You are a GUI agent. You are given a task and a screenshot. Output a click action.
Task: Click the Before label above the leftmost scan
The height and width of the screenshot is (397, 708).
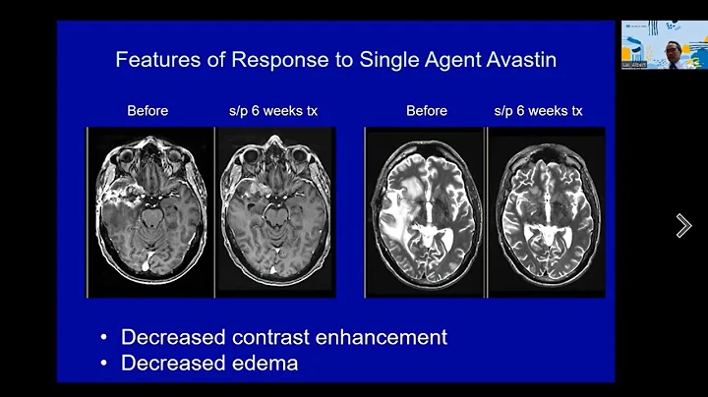point(147,111)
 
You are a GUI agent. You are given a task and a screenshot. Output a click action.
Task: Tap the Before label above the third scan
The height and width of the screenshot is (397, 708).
point(427,111)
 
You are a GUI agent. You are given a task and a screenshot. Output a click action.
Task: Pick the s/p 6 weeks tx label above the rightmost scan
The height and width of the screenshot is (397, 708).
point(538,111)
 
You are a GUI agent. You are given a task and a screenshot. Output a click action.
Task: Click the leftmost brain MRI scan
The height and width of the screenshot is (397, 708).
point(150,211)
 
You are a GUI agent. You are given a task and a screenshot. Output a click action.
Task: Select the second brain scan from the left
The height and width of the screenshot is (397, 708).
point(275,211)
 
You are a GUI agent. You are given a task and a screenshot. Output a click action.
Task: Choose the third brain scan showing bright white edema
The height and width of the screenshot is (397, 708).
point(425,211)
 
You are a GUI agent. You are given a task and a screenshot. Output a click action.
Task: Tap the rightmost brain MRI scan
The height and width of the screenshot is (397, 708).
point(547,211)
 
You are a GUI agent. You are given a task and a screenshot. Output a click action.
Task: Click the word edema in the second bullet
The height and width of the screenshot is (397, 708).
point(265,364)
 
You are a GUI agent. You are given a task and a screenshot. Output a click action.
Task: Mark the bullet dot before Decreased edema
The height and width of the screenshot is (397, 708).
point(104,364)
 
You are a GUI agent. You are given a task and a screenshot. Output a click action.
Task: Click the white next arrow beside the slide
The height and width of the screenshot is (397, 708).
point(683,226)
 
